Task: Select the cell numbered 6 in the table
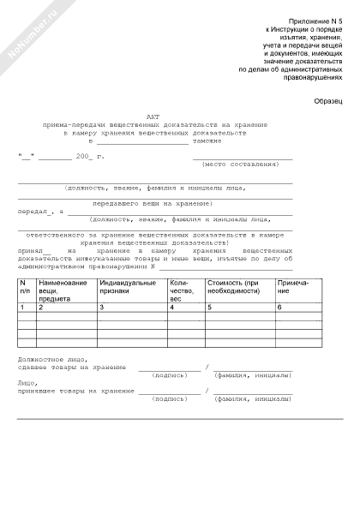point(279,307)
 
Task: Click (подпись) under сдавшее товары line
point(169,375)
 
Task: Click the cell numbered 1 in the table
point(23,307)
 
